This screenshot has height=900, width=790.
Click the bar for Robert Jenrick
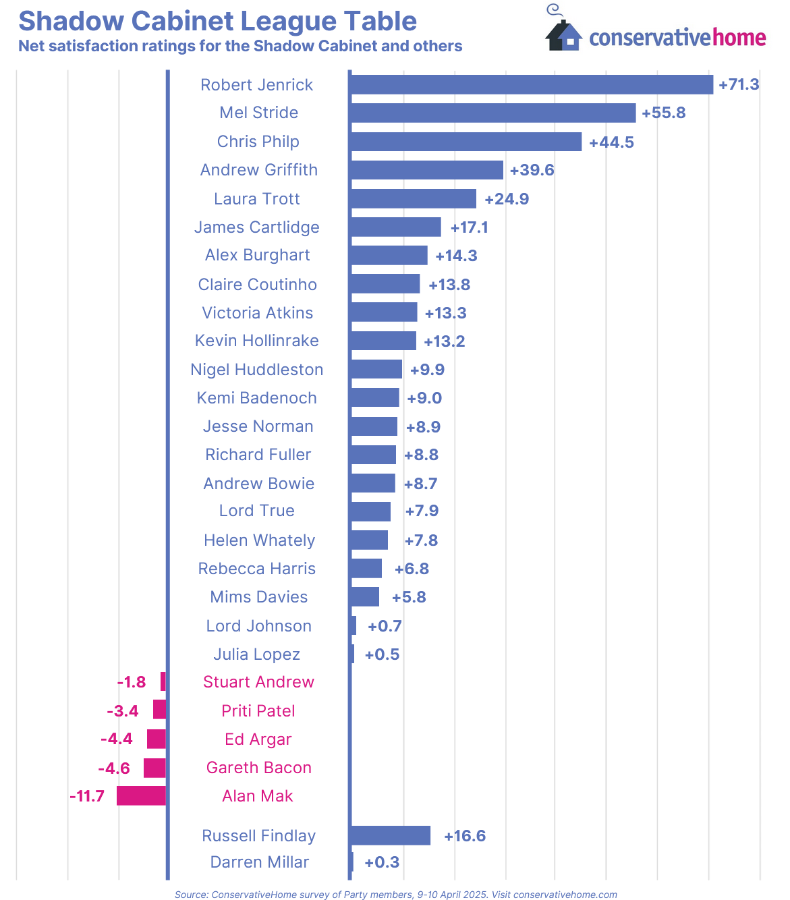(x=532, y=84)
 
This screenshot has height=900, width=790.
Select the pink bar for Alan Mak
(x=141, y=796)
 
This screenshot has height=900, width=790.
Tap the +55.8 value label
(x=663, y=113)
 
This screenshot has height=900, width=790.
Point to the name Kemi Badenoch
(x=256, y=398)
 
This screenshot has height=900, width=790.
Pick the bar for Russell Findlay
(x=391, y=835)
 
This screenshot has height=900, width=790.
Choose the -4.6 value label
(x=113, y=768)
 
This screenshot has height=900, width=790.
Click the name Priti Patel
(x=258, y=711)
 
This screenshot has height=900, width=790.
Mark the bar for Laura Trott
(x=414, y=199)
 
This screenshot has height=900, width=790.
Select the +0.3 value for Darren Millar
(x=382, y=862)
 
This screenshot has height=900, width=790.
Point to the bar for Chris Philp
(x=466, y=142)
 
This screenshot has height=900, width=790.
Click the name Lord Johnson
(x=258, y=626)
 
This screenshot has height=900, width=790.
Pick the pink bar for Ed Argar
(x=156, y=739)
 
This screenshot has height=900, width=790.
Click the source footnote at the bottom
(x=395, y=895)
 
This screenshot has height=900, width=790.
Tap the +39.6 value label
(x=532, y=170)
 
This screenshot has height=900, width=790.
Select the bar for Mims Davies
(x=365, y=597)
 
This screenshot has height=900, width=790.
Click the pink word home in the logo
(x=739, y=38)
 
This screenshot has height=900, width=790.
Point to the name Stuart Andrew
(x=258, y=682)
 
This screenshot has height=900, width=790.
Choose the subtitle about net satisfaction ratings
(x=240, y=47)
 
